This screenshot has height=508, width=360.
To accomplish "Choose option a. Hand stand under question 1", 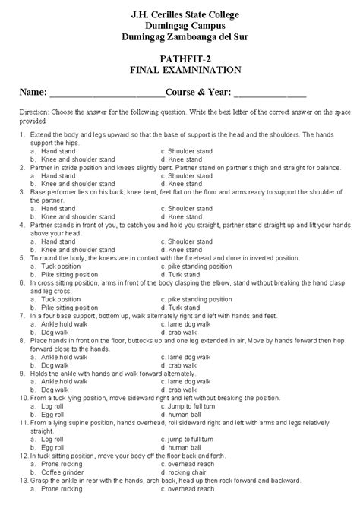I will [52, 150].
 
